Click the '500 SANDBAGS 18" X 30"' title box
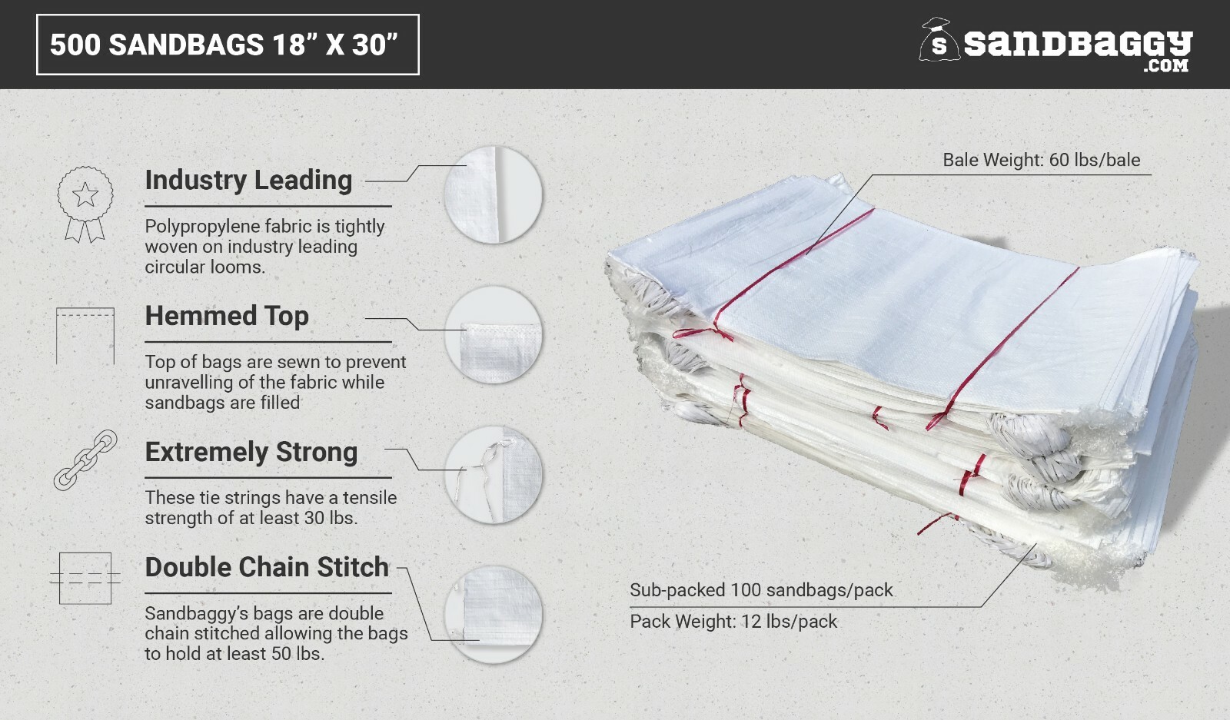228,45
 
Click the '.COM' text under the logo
1165,66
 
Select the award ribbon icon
85,204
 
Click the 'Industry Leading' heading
248,180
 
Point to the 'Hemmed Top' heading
227,316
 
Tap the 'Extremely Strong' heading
251,452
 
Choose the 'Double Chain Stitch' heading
267,567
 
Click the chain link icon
85,460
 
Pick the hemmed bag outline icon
85,336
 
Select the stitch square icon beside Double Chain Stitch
85,578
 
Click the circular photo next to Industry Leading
493,195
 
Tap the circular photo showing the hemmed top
493,335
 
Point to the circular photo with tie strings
493,475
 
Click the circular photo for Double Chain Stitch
493,615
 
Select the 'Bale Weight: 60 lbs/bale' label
1041,160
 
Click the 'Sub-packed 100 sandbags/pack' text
761,590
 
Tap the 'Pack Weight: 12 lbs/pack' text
733,622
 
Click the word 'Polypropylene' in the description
196,227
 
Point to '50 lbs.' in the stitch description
298,654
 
